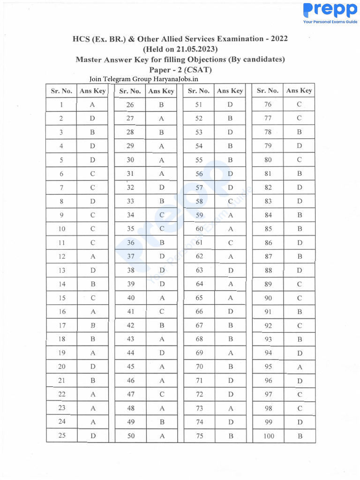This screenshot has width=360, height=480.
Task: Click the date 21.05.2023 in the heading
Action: [197, 49]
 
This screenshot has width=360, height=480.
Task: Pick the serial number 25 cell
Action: [62, 436]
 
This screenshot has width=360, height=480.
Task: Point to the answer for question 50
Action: [161, 436]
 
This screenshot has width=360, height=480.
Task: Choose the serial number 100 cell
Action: [268, 436]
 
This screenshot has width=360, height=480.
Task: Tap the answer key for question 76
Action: [299, 105]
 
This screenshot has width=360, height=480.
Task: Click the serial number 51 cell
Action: [199, 105]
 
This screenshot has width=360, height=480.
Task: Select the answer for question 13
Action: [92, 270]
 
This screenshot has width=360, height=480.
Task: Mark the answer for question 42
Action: [161, 326]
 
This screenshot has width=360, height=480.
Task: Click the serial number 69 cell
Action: [199, 353]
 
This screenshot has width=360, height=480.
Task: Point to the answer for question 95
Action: [300, 367]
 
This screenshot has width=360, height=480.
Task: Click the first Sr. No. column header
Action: [61, 91]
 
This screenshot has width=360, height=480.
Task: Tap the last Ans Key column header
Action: [299, 90]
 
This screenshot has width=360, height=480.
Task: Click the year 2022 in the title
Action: [278, 38]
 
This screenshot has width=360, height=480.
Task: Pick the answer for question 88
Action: [300, 270]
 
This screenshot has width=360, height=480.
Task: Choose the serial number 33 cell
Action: [130, 202]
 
